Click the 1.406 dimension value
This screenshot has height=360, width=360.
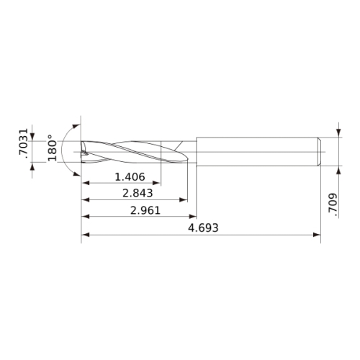[130, 177]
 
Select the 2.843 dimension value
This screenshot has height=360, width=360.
[138, 193]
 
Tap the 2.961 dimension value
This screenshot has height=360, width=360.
[145, 210]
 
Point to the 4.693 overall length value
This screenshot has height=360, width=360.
[203, 228]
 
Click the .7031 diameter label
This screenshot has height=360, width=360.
[24, 143]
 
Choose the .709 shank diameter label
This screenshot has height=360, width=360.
[333, 203]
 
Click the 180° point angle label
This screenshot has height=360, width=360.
[53, 148]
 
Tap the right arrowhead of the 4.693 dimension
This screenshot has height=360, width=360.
[317, 235]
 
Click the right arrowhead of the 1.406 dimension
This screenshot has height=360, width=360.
[156, 183]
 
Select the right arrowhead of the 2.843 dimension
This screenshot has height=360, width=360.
[184, 199]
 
